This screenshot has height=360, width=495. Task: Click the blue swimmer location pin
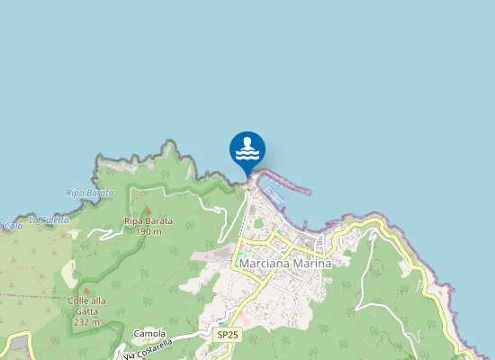tap(247, 149)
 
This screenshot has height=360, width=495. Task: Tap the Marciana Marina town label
tap(285, 264)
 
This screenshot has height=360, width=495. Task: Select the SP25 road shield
tap(228, 334)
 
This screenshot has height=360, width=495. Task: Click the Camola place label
tap(149, 333)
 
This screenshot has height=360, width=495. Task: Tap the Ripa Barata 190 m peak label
tap(143, 226)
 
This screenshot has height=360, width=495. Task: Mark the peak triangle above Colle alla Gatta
tap(86, 289)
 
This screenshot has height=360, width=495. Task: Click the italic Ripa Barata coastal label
tap(91, 193)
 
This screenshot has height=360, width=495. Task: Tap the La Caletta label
tap(48, 219)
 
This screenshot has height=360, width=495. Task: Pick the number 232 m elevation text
tap(86, 321)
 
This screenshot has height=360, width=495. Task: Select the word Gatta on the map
tap(86, 310)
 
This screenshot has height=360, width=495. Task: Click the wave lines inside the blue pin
tap(247, 156)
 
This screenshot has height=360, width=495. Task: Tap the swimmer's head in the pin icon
tap(247, 140)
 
